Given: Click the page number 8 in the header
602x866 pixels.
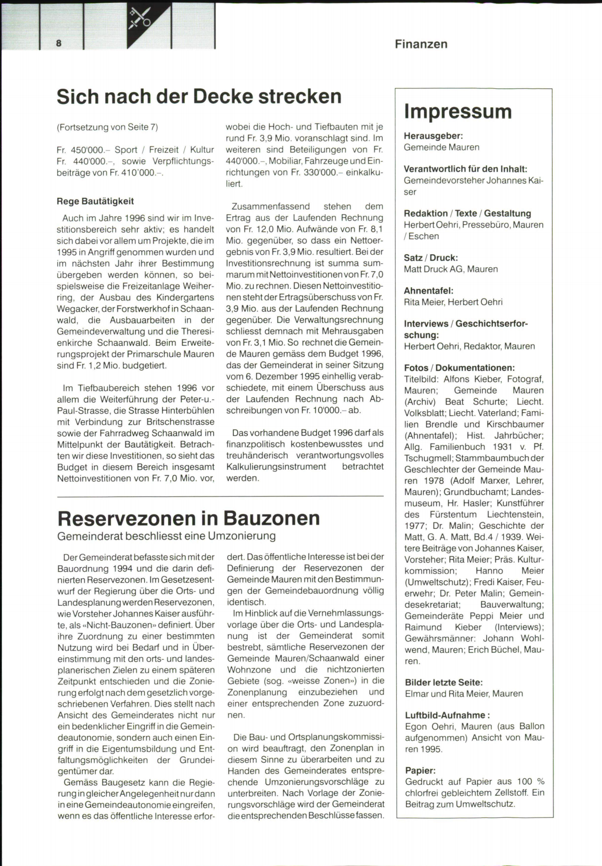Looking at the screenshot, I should pos(59,43).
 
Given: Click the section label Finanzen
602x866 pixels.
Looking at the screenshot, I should pos(421,44).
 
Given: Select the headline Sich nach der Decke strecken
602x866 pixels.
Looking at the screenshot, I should pos(199,96).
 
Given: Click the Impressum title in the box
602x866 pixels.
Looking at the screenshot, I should pos(458,111).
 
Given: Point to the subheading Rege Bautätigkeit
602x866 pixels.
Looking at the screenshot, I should pos(95,202).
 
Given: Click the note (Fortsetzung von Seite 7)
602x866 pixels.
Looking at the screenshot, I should pos(107,127).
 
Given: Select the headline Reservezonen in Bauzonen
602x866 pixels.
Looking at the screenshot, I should pos(189,518).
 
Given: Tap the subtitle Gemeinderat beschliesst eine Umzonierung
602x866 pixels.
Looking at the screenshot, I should pos(167,536).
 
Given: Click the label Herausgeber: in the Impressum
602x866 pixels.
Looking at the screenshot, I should pos(433,136).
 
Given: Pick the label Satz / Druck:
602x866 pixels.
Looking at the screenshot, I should pos(431,258).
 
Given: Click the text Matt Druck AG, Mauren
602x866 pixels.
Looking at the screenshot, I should pos(451,269).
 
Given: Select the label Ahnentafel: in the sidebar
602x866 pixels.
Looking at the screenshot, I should pos(428,291).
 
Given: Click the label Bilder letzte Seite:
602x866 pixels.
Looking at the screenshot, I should pos(444,682).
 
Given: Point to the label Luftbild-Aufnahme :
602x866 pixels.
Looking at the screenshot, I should pos(447,715).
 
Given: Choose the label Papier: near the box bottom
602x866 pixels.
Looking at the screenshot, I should pos(420,770).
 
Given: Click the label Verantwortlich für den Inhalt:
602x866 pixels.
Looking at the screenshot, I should pos(466,169).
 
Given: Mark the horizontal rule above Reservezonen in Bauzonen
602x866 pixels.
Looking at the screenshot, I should pos(221,496).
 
